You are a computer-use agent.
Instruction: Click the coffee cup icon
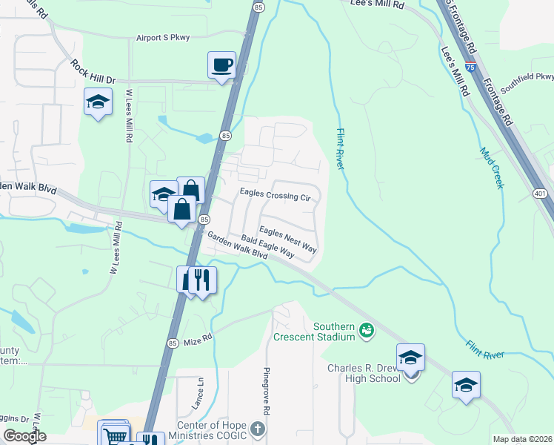coord(221,65)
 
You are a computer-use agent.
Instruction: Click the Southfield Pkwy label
coord(527,82)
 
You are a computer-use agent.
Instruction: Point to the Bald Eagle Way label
coord(268,247)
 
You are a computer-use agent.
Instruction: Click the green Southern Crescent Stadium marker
coord(366,329)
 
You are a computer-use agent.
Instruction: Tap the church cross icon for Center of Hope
coord(257,429)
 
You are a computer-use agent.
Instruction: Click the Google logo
coord(24,436)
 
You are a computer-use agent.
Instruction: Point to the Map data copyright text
coord(522,439)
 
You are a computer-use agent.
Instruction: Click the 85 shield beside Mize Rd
coord(172,343)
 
